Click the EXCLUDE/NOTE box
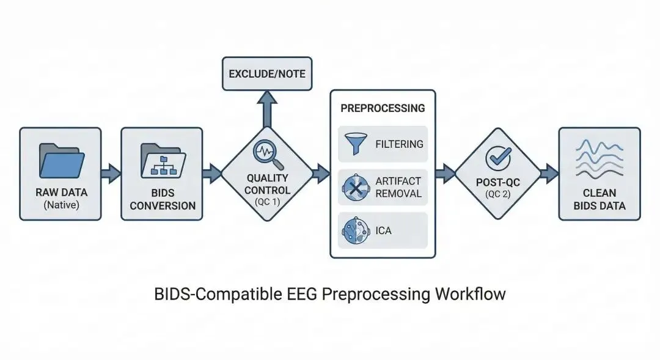(266, 74)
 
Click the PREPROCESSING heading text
(383, 108)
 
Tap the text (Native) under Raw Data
(62, 205)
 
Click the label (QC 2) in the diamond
(497, 194)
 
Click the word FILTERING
(400, 144)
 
